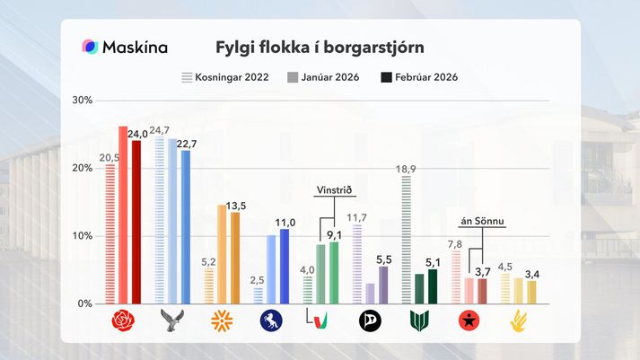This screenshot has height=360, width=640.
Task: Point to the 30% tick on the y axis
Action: (83, 100)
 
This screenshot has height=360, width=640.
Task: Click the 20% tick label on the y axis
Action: (83, 168)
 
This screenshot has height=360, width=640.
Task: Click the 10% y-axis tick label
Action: (83, 236)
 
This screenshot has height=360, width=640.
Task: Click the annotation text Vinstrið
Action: (333, 190)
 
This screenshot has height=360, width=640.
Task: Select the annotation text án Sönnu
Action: (477, 222)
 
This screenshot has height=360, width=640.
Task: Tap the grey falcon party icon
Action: (171, 320)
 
